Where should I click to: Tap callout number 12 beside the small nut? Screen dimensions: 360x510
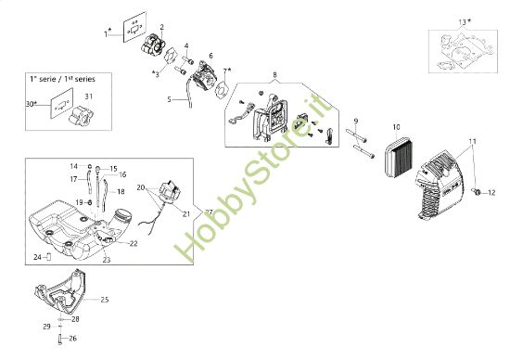[x=492, y=192]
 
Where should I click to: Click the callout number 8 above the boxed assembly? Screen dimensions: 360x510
[x=274, y=74]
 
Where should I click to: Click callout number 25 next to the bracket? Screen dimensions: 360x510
[x=104, y=299]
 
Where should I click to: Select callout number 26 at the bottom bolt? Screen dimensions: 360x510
[x=72, y=339]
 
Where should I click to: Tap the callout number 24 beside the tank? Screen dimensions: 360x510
[x=37, y=257]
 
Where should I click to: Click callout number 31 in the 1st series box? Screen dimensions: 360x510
[x=89, y=96]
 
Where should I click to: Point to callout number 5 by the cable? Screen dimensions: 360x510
[x=169, y=98]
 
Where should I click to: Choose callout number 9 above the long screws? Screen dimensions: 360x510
[x=355, y=122]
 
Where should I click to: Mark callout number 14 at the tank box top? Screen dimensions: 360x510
[x=73, y=166]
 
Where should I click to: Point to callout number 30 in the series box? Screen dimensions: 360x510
[x=32, y=104]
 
